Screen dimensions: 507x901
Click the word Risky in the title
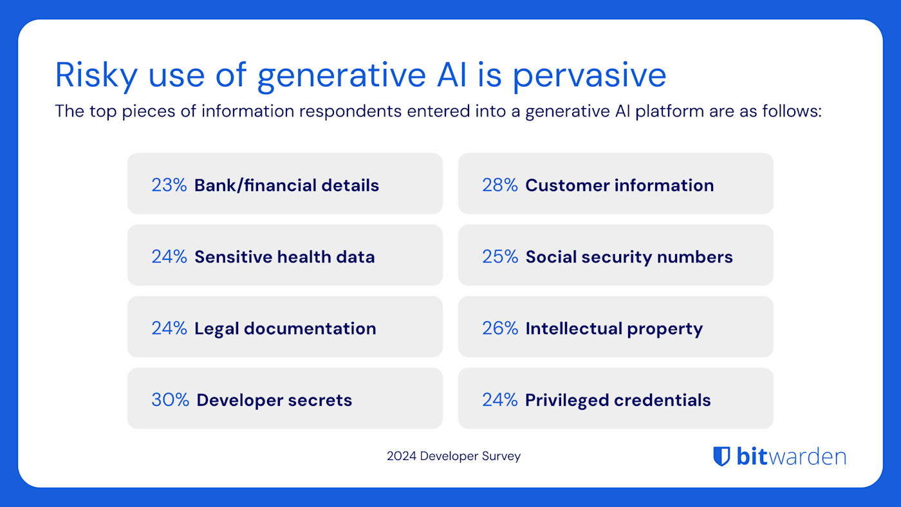(96, 75)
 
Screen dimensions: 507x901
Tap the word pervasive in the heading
(589, 75)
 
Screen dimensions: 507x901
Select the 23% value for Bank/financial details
(169, 185)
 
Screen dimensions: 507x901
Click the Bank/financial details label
(286, 185)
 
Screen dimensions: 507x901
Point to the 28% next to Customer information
(499, 185)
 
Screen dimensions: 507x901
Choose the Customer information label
(619, 185)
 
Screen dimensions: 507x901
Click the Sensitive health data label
(284, 257)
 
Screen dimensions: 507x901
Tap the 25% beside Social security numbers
(499, 257)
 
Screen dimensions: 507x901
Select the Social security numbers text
(629, 257)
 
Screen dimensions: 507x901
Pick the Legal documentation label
(285, 328)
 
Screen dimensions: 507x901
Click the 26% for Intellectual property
(499, 328)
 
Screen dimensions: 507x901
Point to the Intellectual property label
(613, 328)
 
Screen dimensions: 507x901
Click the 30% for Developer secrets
(170, 400)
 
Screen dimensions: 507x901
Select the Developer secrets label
(274, 400)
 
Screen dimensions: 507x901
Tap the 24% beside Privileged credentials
(499, 400)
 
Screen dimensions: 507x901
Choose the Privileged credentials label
(618, 400)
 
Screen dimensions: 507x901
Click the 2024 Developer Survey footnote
(453, 456)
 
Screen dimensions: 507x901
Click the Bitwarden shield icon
(721, 456)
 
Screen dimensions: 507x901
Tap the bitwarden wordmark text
(791, 456)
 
